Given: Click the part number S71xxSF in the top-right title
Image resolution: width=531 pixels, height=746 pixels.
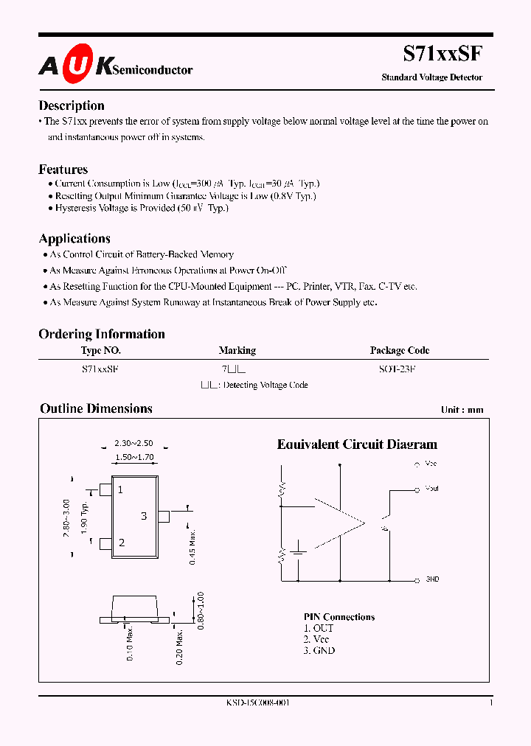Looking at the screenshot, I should [x=442, y=54].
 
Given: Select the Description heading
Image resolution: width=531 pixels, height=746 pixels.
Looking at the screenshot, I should [x=72, y=105].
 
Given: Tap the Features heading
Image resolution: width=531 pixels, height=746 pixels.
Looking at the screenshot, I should [x=63, y=169].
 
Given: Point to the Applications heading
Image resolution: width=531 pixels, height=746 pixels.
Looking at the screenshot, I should [x=74, y=238].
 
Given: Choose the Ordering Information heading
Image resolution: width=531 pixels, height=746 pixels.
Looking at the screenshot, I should [x=102, y=334].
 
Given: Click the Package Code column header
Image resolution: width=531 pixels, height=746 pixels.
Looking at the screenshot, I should [x=399, y=351].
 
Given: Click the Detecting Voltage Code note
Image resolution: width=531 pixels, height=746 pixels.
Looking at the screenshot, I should [x=254, y=385].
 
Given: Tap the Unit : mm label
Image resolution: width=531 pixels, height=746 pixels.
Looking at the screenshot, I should [x=462, y=410].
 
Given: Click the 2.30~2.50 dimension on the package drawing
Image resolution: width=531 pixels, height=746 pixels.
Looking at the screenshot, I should [x=133, y=444].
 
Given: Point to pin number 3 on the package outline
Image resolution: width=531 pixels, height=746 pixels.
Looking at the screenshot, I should [x=144, y=516].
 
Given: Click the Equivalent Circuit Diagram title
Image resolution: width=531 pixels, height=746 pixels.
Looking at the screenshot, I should [x=357, y=445].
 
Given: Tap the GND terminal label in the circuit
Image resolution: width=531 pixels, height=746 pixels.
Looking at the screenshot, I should [x=432, y=579].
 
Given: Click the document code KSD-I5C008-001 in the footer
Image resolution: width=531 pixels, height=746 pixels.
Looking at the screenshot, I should [x=257, y=703].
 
